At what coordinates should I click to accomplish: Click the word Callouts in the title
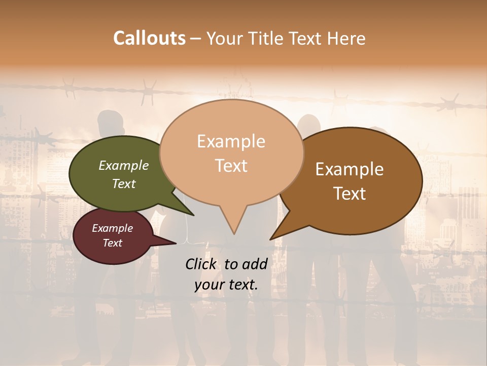149,38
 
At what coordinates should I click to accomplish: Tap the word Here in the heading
346,38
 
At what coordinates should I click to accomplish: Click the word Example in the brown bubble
350,169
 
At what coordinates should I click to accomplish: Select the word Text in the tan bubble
231,166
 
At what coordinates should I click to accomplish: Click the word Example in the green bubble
123,165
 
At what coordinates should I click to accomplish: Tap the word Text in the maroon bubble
112,243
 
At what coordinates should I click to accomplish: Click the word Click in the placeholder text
201,264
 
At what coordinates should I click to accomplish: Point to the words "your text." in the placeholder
226,285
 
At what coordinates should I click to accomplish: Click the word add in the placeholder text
255,264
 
